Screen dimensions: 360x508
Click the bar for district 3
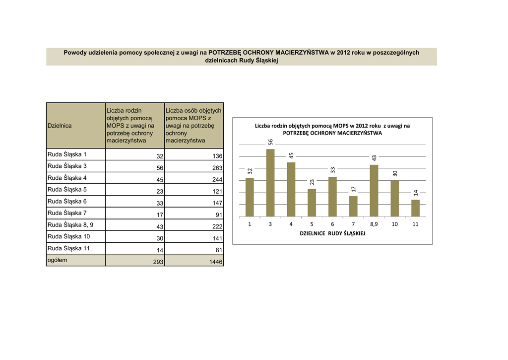[270, 183]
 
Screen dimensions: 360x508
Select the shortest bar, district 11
[415, 208]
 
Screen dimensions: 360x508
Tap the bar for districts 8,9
[374, 191]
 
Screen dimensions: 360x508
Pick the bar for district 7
[353, 206]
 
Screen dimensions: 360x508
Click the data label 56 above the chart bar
[271, 142]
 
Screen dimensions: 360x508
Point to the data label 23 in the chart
[312, 182]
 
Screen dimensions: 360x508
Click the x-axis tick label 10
[394, 224]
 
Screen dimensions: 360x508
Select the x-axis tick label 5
[312, 224]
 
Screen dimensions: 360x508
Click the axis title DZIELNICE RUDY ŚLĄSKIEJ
[332, 233]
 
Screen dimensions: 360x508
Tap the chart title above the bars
[332, 130]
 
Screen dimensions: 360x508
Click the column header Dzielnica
[60, 126]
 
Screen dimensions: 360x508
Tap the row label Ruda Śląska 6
[67, 201]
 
